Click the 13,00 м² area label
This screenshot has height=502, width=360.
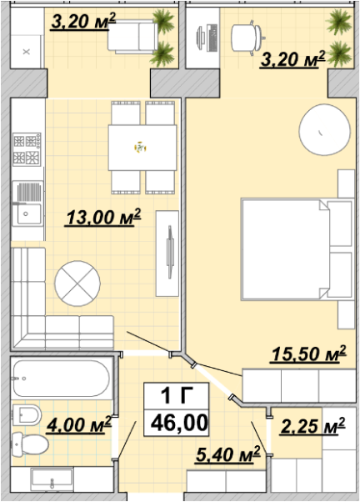[x=103, y=218]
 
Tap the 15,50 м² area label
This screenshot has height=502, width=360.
[x=308, y=354]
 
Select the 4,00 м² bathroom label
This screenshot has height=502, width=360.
[x=78, y=424]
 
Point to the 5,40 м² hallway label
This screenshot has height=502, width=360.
[x=227, y=454]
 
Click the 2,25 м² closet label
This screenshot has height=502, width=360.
[x=312, y=426]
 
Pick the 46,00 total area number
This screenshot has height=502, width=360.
[x=179, y=423]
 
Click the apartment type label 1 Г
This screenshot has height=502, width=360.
[x=177, y=395]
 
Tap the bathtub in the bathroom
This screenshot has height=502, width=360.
[x=61, y=379]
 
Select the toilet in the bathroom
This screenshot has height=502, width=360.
[x=30, y=444]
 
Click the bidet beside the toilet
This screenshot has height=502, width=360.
[x=27, y=415]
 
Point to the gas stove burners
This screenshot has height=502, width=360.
[x=27, y=149]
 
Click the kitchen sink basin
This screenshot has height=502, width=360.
[x=29, y=213]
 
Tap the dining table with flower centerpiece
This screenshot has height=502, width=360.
[x=142, y=148]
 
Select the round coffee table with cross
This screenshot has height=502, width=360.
[x=77, y=284]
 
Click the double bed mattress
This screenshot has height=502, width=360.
[x=286, y=249]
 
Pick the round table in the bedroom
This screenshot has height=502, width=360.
[x=324, y=129]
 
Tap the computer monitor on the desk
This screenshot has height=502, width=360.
[x=200, y=38]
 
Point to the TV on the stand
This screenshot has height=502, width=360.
[x=170, y=252]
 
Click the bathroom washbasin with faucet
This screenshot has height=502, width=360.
[x=52, y=479]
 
